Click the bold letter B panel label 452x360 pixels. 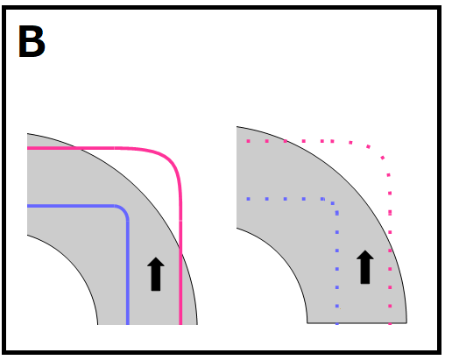(32, 41)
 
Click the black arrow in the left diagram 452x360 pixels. (156, 274)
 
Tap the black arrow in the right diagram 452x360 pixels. (365, 267)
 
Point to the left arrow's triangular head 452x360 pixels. (156, 262)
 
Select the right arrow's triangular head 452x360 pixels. (365, 255)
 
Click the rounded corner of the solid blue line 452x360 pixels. (124, 210)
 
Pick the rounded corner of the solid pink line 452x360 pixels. (172, 161)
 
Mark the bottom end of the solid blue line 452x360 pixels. (128, 323)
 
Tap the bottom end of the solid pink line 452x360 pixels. (180, 323)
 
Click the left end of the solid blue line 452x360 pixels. (28, 206)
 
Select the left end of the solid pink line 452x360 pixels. (28, 148)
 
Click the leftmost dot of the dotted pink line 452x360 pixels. (248, 141)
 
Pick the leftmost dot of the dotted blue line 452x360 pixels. (248, 199)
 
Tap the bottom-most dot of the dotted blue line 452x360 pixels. (337, 323)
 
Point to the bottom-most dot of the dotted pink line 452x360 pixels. (390, 323)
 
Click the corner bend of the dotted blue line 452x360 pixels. (333, 203)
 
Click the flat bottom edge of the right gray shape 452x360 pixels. (357, 323)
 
